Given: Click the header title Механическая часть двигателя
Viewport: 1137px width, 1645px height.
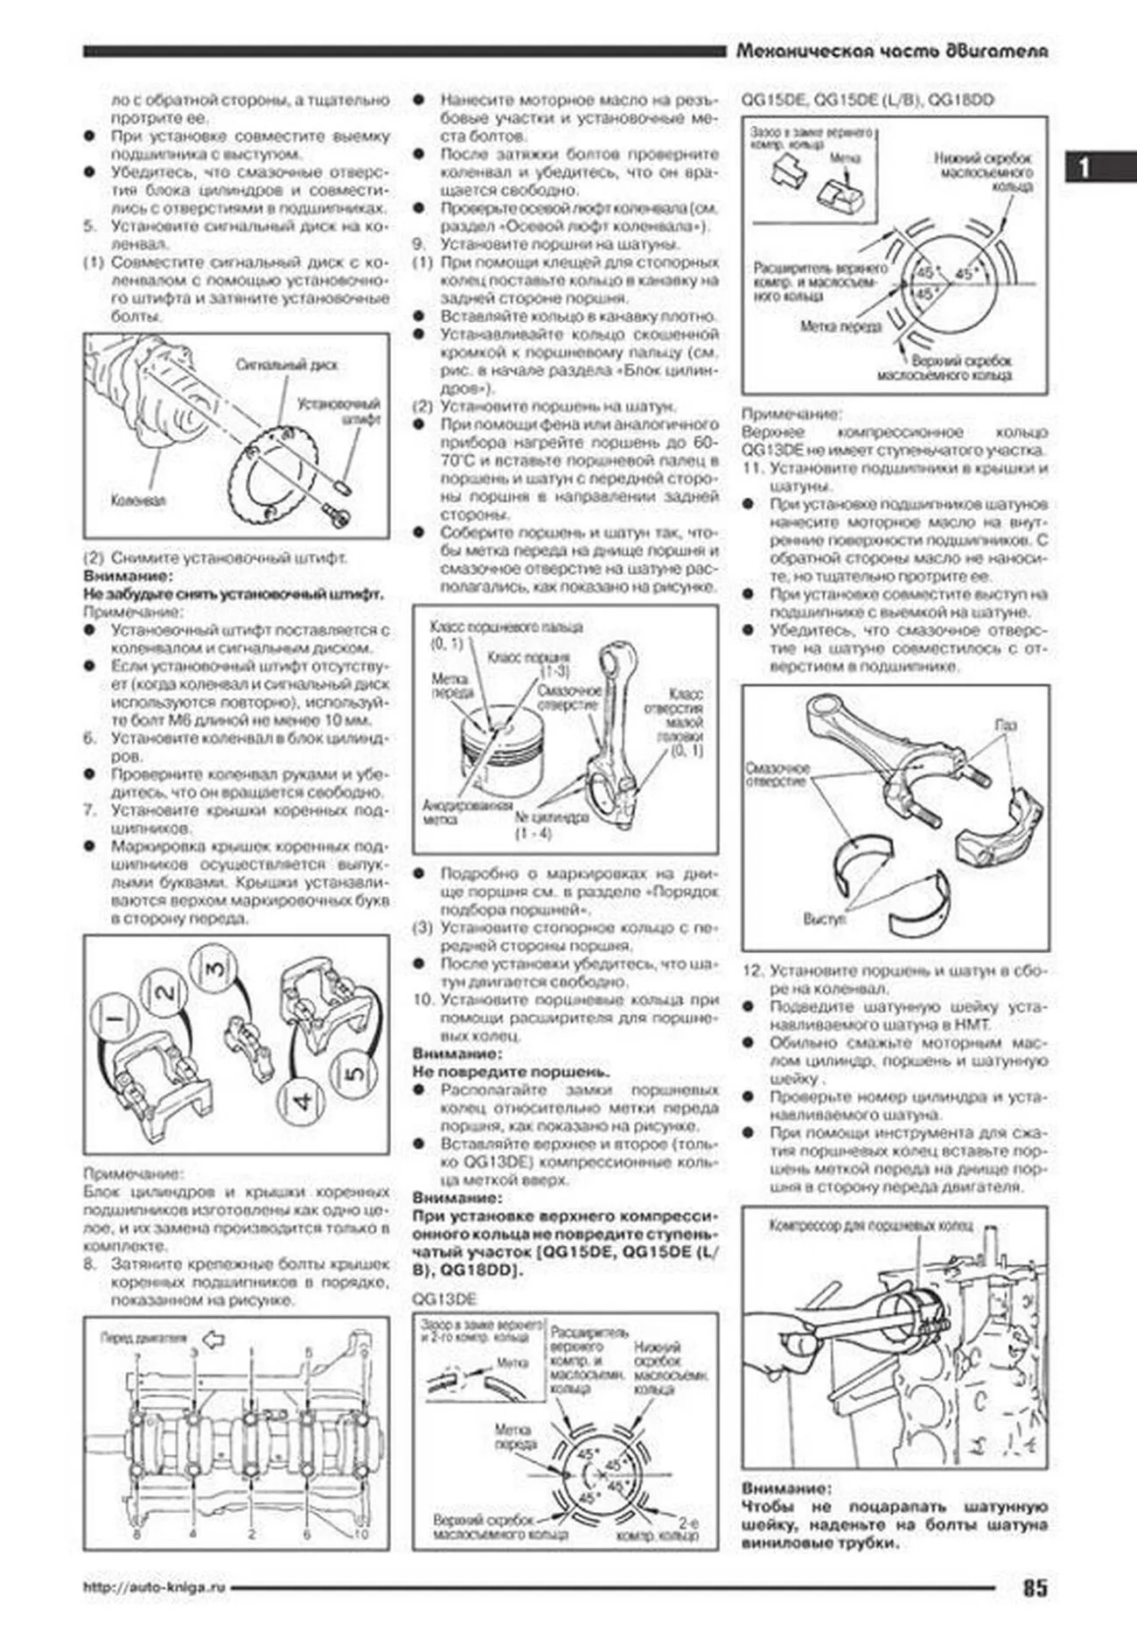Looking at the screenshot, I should (892, 52).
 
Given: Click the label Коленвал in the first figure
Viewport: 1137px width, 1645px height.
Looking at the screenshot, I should (138, 501).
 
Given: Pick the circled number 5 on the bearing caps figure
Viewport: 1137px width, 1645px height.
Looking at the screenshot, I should (353, 1073).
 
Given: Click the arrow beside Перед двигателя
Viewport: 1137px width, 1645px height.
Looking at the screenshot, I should (213, 1339).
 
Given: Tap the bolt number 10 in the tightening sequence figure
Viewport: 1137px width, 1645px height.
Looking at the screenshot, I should (361, 1534).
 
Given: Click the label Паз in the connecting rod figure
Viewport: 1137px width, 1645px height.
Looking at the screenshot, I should (1006, 725).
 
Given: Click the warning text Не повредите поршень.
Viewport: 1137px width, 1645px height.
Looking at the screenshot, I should (511, 1072).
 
